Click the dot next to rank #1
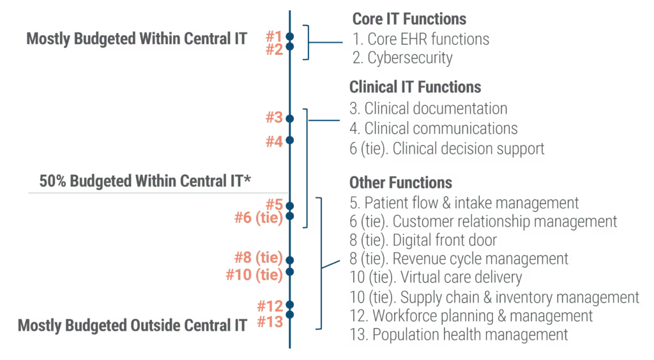pyautogui.click(x=289, y=36)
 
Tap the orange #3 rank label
pyautogui.click(x=274, y=118)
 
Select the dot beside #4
pyautogui.click(x=289, y=140)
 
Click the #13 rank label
pyautogui.click(x=270, y=322)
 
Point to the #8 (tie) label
pyautogui.click(x=259, y=259)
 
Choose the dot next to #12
pyautogui.click(x=289, y=304)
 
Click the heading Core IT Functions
pyautogui.click(x=409, y=19)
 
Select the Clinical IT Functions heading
pyautogui.click(x=415, y=87)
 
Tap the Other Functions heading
pyautogui.click(x=401, y=183)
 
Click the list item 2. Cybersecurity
pyautogui.click(x=402, y=58)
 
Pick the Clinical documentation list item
pyautogui.click(x=429, y=109)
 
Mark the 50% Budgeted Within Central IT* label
pyautogui.click(x=145, y=181)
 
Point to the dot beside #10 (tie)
pyautogui.click(x=289, y=272)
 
